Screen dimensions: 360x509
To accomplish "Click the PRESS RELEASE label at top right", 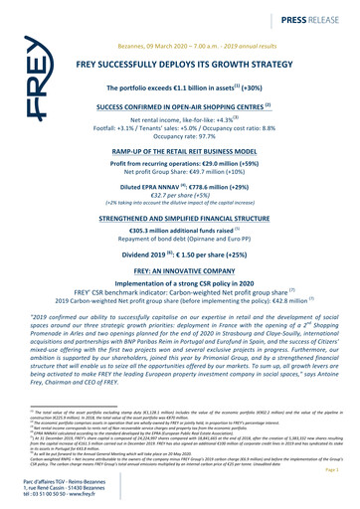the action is [312, 18].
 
